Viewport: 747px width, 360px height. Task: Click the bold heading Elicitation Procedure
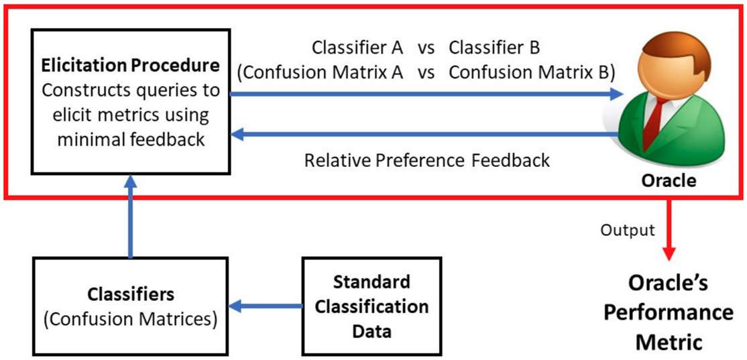[x=130, y=66]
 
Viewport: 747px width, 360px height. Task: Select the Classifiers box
[x=130, y=306]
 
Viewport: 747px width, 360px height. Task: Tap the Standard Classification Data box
[x=371, y=306]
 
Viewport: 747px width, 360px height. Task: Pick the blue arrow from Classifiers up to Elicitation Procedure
[x=130, y=219]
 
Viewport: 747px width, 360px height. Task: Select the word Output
[x=627, y=231]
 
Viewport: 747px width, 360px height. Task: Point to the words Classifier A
[x=357, y=48]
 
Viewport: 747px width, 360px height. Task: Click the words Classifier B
[x=494, y=48]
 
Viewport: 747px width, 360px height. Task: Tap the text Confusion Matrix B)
[x=532, y=72]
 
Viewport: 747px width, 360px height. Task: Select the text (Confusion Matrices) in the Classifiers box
[x=130, y=319]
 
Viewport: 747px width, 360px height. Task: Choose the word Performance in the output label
[x=668, y=312]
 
